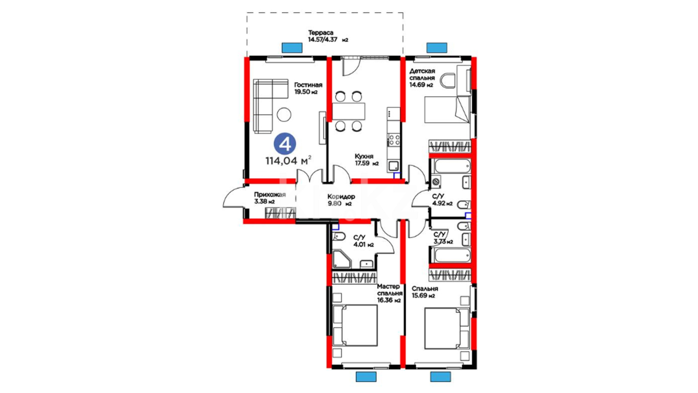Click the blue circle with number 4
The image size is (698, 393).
pyautogui.click(x=285, y=144)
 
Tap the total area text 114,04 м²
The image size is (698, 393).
pyautogui.click(x=288, y=160)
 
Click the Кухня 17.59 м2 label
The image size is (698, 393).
pyautogui.click(x=367, y=160)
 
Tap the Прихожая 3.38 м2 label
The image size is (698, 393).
pyautogui.click(x=270, y=198)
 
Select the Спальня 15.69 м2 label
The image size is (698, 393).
pyautogui.click(x=425, y=292)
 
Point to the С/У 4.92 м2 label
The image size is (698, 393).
pyautogui.click(x=442, y=200)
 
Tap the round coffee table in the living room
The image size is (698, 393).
pyautogui.click(x=284, y=115)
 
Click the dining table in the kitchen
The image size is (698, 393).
pyautogui.click(x=349, y=111)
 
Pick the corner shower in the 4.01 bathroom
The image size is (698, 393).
pyautogui.click(x=341, y=259)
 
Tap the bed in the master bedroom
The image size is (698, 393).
pyautogui.click(x=355, y=325)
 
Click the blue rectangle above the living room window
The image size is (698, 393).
pyautogui.click(x=292, y=48)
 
